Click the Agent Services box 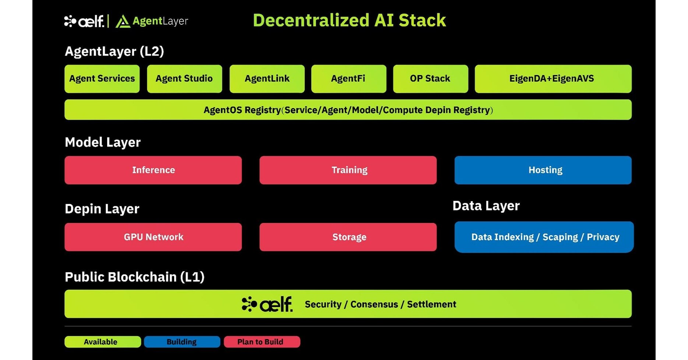tap(102, 79)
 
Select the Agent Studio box tap(184, 79)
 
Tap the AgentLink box tap(267, 79)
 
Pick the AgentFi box tap(348, 79)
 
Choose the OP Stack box tap(430, 79)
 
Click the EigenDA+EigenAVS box tap(553, 79)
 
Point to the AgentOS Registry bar tap(348, 110)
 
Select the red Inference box tap(153, 170)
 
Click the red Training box tap(348, 170)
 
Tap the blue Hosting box tap(543, 170)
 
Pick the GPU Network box tap(153, 237)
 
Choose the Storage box tap(348, 237)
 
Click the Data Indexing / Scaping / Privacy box tap(544, 237)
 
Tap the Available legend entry tap(102, 342)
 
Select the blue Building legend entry tap(182, 342)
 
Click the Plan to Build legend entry tap(261, 342)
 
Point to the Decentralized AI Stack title tap(349, 20)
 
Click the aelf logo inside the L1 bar tap(267, 304)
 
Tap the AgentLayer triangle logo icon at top tap(123, 22)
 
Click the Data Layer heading tap(486, 206)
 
